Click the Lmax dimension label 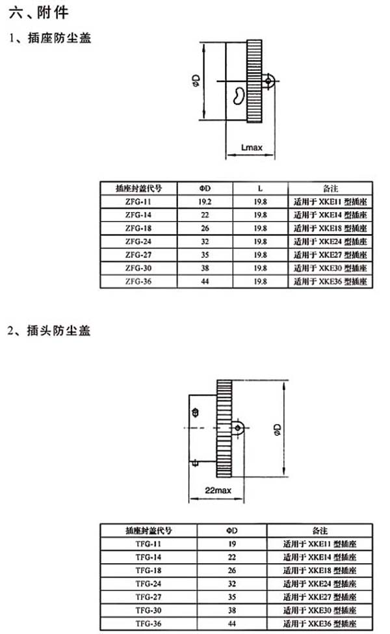(x=251, y=148)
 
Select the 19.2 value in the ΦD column (x=205, y=202)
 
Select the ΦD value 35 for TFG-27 (x=231, y=596)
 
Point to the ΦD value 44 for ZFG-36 (x=205, y=282)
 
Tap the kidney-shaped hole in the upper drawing (x=239, y=96)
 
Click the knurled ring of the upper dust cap (x=255, y=81)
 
